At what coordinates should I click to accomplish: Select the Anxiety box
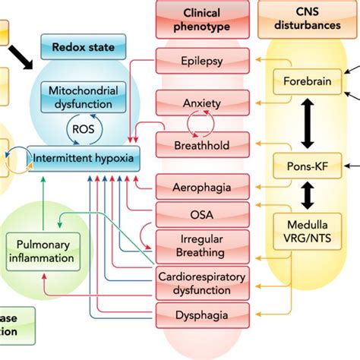[203, 102]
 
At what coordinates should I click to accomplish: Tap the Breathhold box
[203, 143]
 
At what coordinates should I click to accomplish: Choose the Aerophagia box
[203, 185]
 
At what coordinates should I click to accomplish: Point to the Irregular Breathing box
[203, 245]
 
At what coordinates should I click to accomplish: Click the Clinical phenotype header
[203, 18]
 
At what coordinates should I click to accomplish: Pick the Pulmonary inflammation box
[43, 251]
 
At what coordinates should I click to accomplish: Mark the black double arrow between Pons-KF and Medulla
[308, 195]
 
